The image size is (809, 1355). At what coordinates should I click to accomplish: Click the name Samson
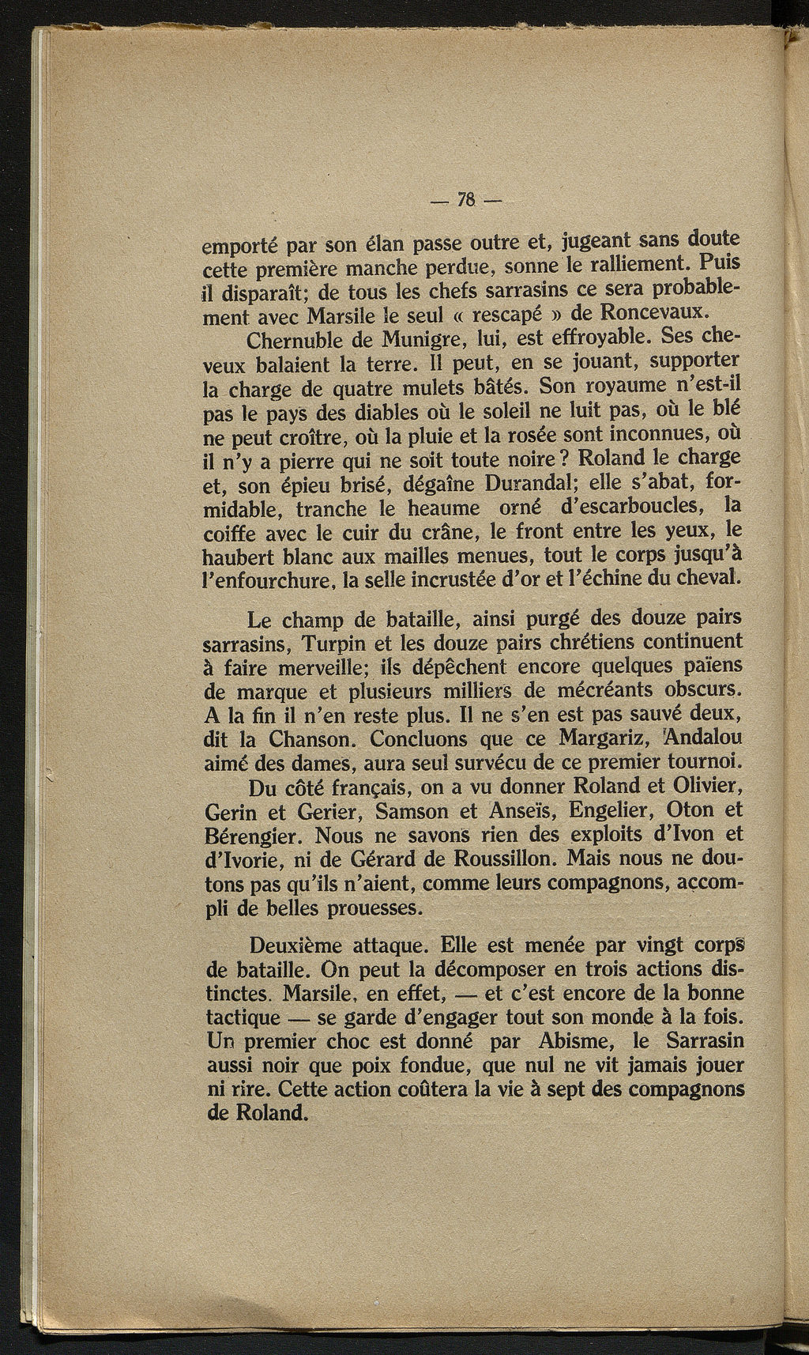pos(413,812)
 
